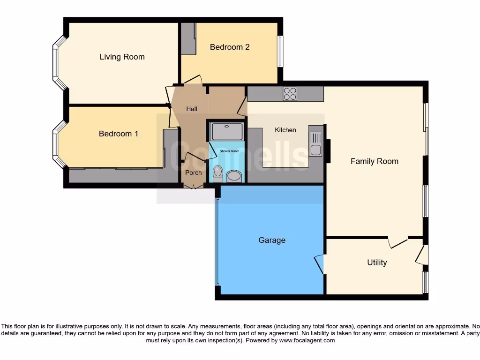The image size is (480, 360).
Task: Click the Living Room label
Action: (122, 57)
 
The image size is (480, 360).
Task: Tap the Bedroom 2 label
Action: (229, 47)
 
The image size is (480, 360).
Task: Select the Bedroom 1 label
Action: (118, 134)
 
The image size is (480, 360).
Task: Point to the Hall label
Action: (191, 109)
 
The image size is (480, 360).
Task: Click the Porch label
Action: (193, 172)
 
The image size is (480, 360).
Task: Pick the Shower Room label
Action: (229, 151)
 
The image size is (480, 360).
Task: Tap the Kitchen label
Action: (285, 130)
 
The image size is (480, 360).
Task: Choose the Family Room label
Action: (374, 161)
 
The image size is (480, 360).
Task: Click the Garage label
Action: (271, 240)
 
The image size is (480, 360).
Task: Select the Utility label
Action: (376, 262)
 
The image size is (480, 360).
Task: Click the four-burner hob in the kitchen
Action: (290, 94)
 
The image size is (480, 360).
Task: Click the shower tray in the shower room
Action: (227, 131)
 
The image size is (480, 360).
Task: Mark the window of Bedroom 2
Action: (280, 51)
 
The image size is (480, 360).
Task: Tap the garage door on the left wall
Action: (217, 241)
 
